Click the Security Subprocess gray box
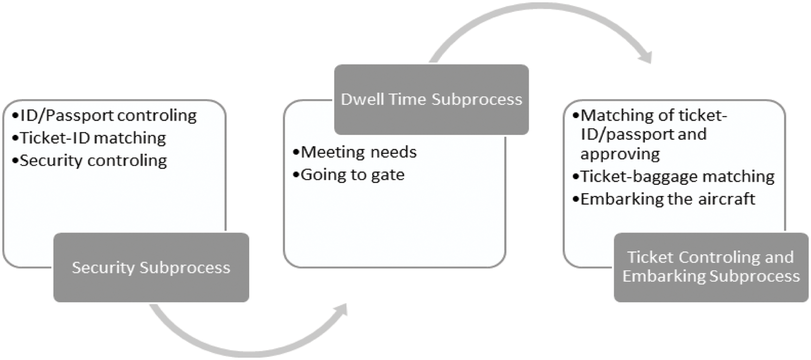[151, 267]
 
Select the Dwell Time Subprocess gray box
[431, 100]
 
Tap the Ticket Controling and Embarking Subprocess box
[711, 267]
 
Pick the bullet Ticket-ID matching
[93, 138]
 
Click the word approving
[620, 154]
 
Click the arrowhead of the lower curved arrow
[341, 310]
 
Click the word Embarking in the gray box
[664, 276]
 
